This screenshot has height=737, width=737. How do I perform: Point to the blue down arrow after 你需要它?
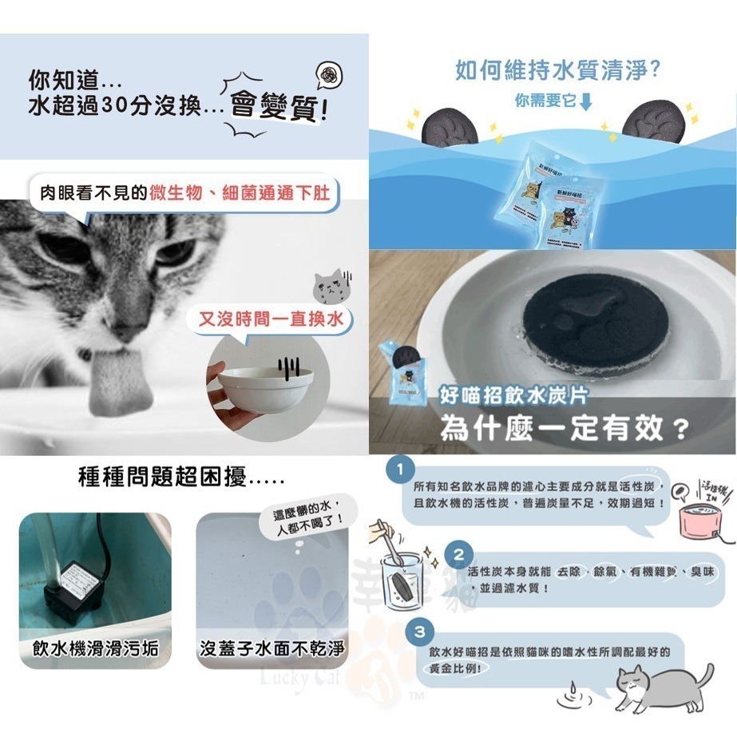(x=586, y=102)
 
